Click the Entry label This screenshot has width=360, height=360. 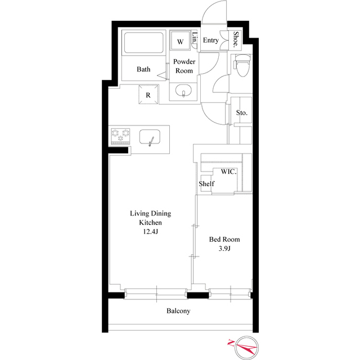pos(211,40)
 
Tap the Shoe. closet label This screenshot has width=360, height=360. pos(236,38)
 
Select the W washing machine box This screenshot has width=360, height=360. pos(181,42)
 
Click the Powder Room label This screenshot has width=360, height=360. pos(184,66)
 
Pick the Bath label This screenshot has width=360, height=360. pos(143,70)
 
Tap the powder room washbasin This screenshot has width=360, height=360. pos(183,91)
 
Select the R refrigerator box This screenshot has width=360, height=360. pos(148,95)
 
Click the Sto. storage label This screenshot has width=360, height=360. pos(242,113)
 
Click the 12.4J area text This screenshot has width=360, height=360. pos(150,231)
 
